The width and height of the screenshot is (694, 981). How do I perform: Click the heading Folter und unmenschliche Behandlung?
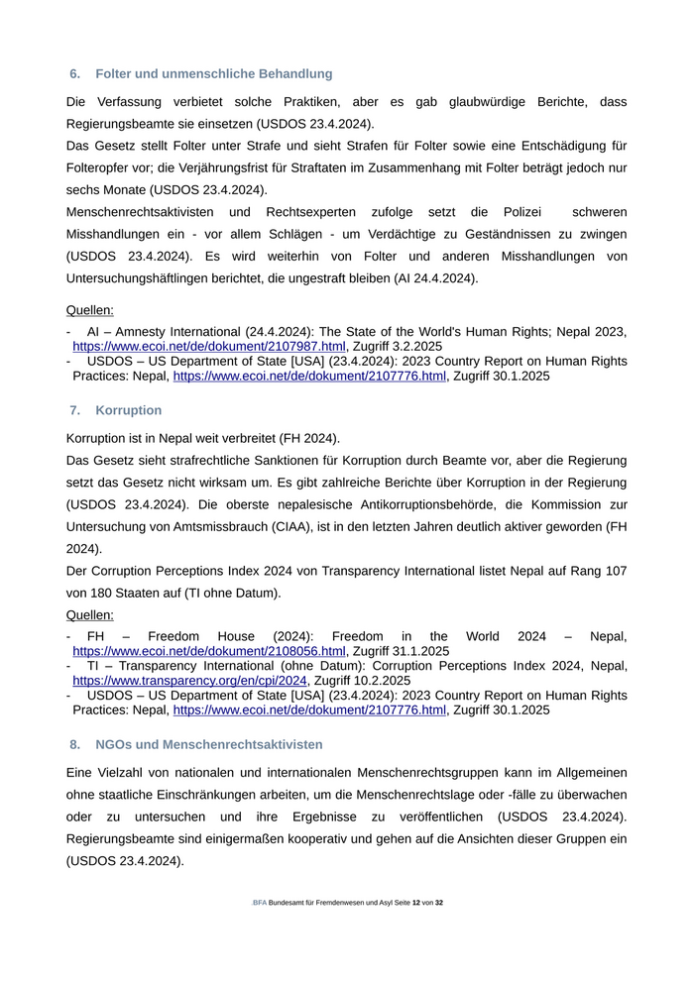pos(214,74)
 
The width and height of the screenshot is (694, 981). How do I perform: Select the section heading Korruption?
pos(129,410)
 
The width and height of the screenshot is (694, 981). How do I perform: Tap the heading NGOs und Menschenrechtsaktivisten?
pos(209,744)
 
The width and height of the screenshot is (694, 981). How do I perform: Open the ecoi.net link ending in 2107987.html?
pos(209,347)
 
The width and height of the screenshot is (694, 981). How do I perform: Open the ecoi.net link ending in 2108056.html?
pos(209,651)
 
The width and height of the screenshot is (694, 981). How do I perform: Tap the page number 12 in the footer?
pos(416,904)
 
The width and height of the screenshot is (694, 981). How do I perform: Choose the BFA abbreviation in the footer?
pos(260,904)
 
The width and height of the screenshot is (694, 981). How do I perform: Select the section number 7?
pos(74,410)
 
